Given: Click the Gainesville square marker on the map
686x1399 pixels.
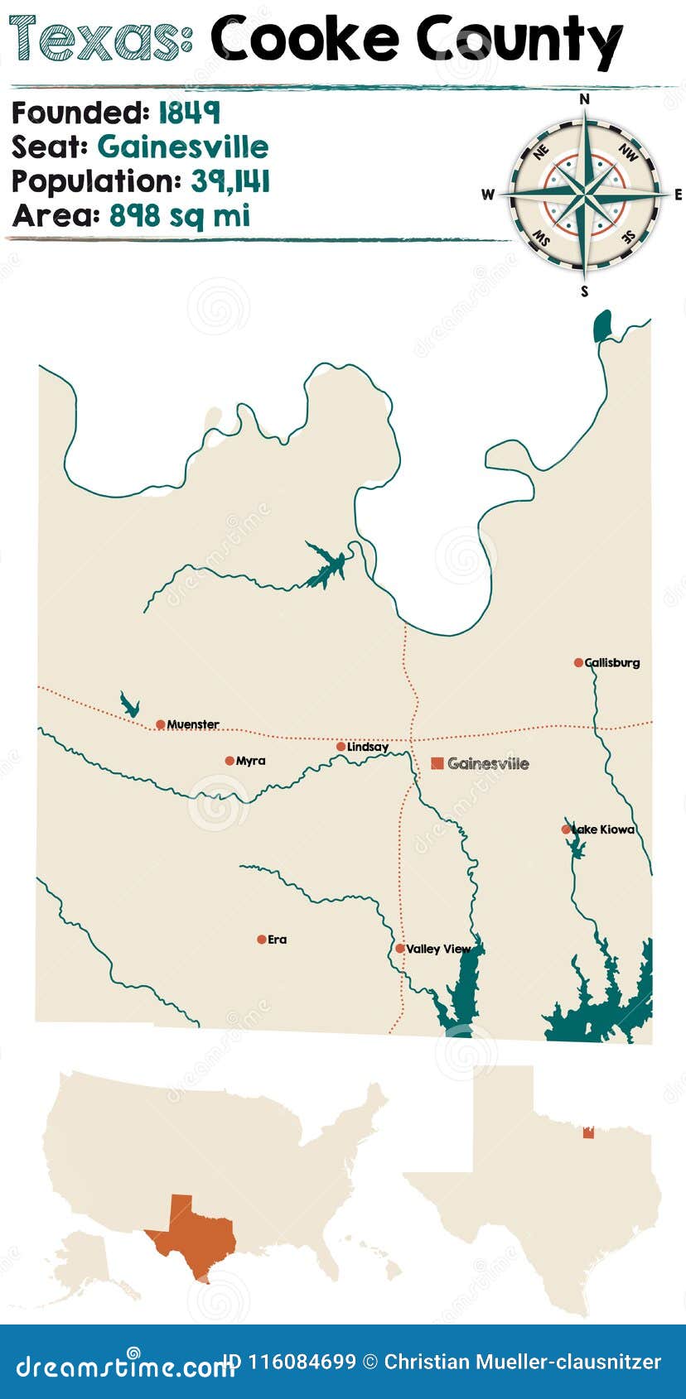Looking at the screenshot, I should tap(437, 763).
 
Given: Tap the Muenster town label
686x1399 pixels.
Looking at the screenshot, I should tap(193, 725).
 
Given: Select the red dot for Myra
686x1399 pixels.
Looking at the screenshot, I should tap(229, 761).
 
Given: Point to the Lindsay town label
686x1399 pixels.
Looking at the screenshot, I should tap(368, 747).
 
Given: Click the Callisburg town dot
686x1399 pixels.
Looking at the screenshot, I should tap(578, 662).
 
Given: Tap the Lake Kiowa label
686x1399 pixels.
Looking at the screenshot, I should tap(605, 829).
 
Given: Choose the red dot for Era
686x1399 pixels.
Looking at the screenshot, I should tap(261, 940).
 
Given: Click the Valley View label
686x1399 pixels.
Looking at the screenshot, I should tap(438, 949).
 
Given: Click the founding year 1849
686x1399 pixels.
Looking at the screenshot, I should tap(189, 113).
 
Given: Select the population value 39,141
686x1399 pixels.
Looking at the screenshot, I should tap(230, 181).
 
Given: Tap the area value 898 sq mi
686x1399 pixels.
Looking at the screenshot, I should tap(180, 216).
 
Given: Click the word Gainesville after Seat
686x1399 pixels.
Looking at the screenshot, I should tap(183, 147).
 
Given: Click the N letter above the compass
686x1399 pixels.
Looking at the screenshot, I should tap(584, 99).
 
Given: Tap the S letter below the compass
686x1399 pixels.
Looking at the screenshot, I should tap(584, 291).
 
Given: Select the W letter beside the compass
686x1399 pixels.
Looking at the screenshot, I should tap(488, 195).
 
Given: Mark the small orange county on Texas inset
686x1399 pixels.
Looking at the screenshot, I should tap(588, 1132).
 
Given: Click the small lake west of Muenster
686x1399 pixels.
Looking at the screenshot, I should tap(128, 705).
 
